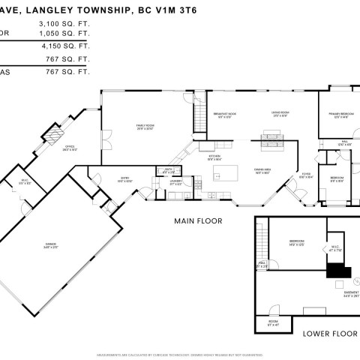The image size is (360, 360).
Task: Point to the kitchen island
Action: coord(223,173)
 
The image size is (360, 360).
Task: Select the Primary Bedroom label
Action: coord(339,115)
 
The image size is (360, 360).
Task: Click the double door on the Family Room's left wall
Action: coord(106,139)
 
